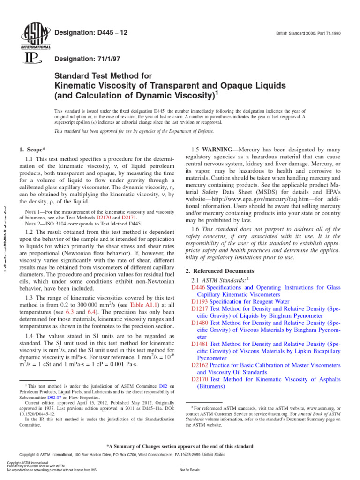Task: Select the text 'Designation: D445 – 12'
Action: click(x=91, y=32)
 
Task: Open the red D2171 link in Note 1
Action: click(x=131, y=218)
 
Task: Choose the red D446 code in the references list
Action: click(x=199, y=286)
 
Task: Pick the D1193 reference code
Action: click(x=200, y=302)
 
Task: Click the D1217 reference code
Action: click(x=200, y=309)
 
